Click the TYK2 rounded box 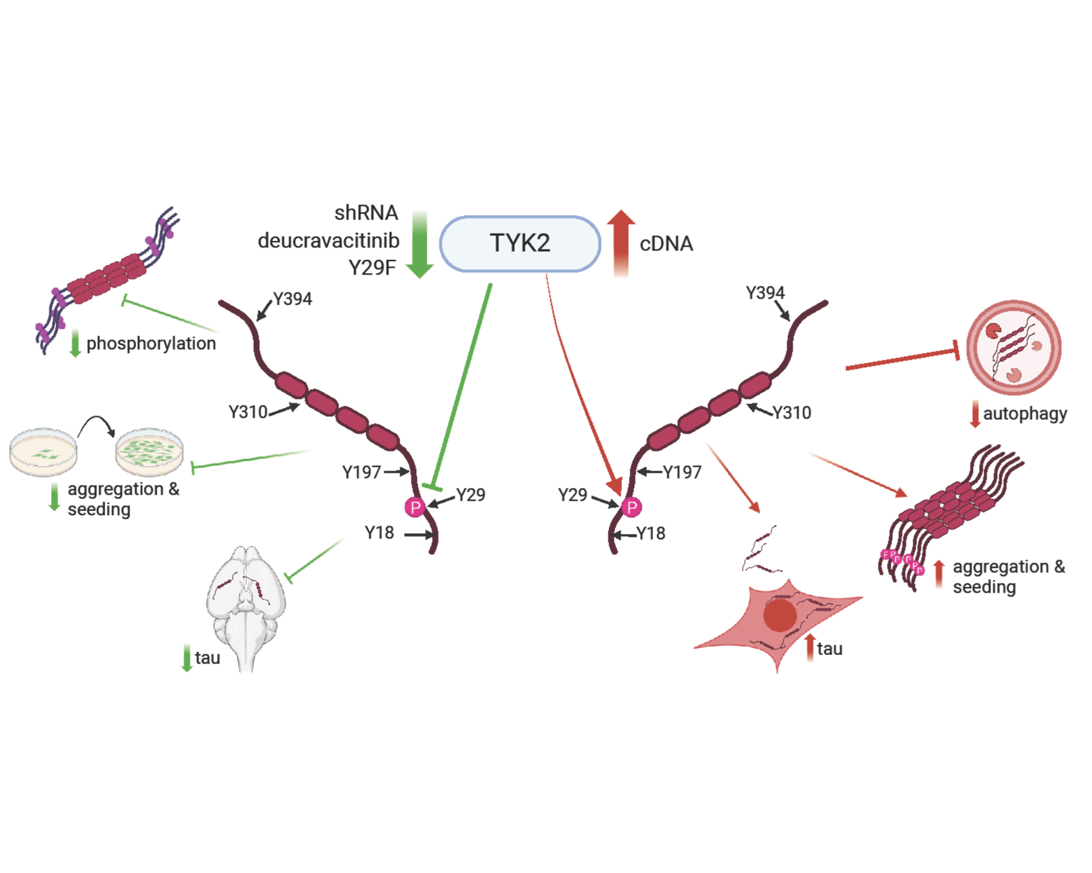pos(520,244)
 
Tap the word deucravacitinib pos(328,240)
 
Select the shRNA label pos(366,212)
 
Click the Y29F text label pos(371,268)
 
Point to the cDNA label pos(666,244)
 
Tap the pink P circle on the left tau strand pos(415,507)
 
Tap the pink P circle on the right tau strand pos(631,507)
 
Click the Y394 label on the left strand pos(292,299)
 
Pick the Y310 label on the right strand pos(792,413)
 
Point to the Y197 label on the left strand pos(361,472)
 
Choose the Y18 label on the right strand pos(651,534)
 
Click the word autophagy pos(1024,413)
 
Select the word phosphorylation pos(151,344)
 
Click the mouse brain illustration pos(246,606)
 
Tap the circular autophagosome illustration pos(1013,347)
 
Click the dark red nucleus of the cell pos(779,614)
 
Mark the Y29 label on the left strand pos(470,495)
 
